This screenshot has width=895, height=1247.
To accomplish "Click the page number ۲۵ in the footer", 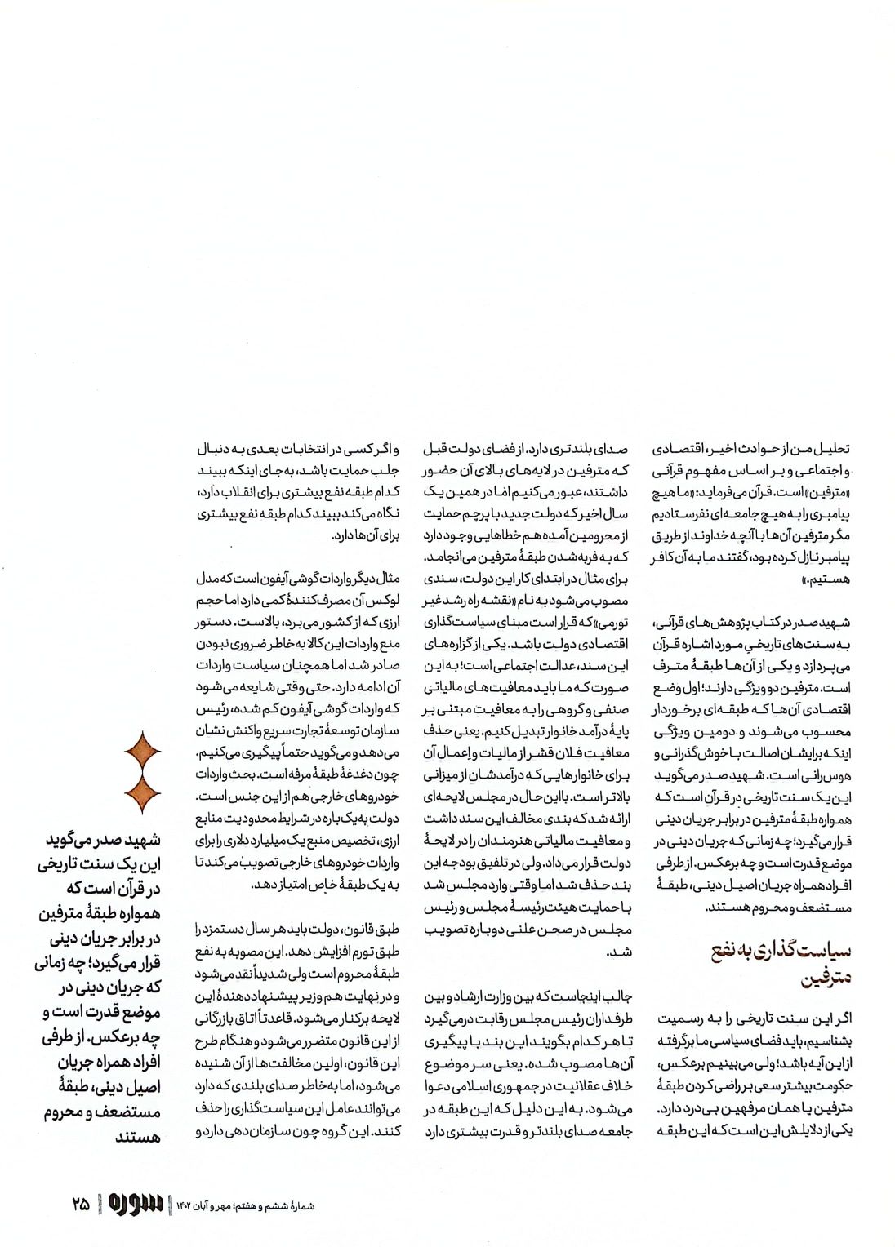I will pyautogui.click(x=80, y=1203).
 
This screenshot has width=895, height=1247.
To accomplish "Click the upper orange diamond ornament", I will pyautogui.click(x=141, y=752).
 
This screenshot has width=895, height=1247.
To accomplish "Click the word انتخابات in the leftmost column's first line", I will pyautogui.click(x=322, y=449).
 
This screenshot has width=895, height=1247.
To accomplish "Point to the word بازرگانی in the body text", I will pyautogui.click(x=220, y=1018).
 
